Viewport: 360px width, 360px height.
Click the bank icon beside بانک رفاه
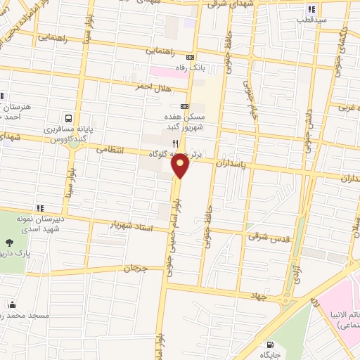point(190,58)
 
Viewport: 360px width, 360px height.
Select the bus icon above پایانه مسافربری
point(69,118)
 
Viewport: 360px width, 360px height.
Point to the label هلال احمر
point(152,86)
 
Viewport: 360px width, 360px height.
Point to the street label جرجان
point(133,268)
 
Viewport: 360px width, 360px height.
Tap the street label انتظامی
point(108,149)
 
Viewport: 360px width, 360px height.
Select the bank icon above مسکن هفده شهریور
point(184,105)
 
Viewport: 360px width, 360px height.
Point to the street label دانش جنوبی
point(308,131)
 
